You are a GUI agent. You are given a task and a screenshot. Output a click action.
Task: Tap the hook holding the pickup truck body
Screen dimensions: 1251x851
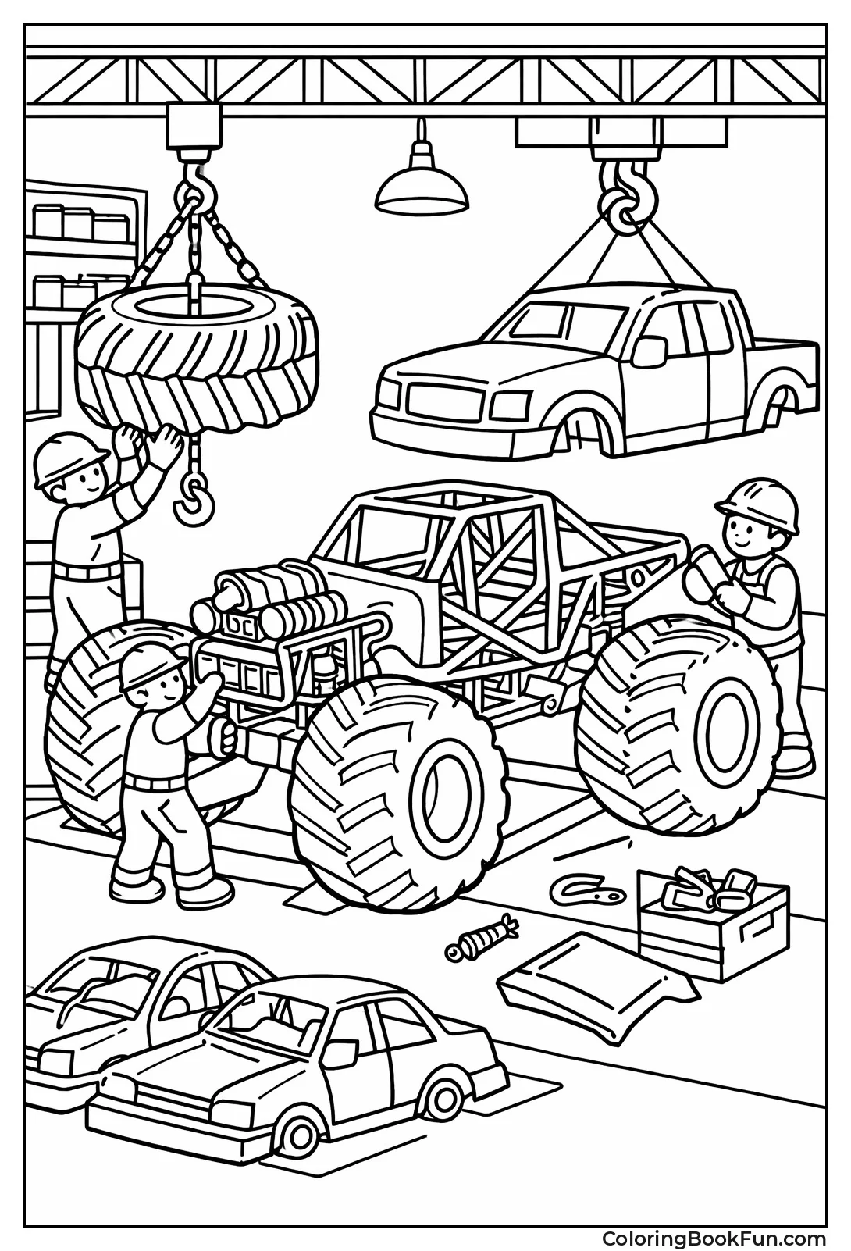(x=621, y=205)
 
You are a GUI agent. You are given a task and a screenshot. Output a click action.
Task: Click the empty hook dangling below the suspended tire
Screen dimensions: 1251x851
(x=192, y=500)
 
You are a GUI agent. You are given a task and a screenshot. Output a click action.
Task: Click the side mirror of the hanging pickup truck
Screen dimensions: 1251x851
(x=650, y=351)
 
